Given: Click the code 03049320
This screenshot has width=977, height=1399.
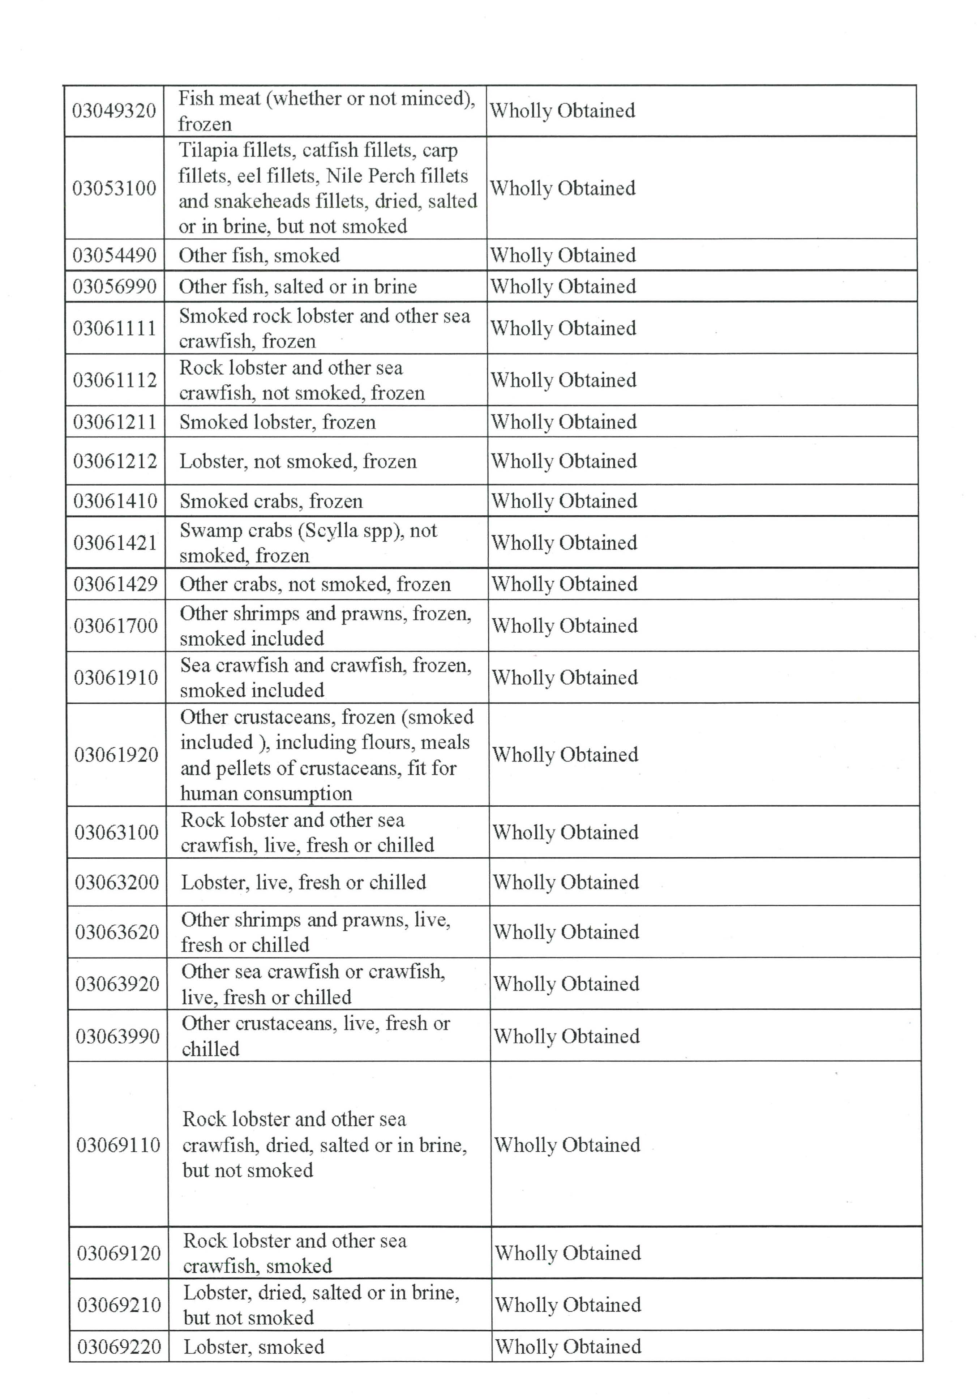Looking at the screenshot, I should [114, 111].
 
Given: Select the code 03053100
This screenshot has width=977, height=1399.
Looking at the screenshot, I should [115, 188].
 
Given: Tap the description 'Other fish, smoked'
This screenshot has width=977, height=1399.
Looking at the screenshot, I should [259, 255].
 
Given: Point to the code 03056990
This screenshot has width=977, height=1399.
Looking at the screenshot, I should [115, 286].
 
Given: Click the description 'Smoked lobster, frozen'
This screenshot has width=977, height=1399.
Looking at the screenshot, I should [277, 422].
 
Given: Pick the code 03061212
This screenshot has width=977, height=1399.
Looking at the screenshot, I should [115, 461].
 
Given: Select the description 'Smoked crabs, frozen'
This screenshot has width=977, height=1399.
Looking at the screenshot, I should [271, 501].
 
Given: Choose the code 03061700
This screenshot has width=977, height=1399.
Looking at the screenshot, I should [116, 626].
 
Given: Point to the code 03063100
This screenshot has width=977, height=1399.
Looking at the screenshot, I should [116, 832].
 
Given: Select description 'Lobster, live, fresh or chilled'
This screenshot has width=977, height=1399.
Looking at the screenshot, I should [303, 882].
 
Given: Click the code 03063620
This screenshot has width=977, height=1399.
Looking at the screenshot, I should [117, 932].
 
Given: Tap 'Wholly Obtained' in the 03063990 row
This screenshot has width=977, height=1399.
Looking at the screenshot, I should [566, 1036].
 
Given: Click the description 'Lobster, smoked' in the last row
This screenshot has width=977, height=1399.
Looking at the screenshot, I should [254, 1347].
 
